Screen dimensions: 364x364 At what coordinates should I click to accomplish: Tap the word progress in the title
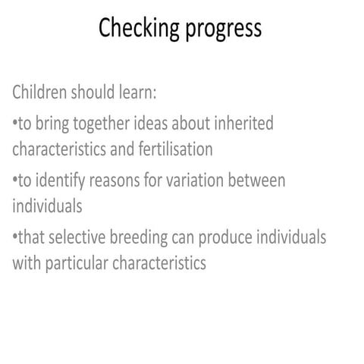221,30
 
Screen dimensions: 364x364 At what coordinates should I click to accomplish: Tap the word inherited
244,122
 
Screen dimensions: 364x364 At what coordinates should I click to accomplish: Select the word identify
60,180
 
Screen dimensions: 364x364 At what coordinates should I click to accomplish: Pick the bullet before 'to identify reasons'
15,180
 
